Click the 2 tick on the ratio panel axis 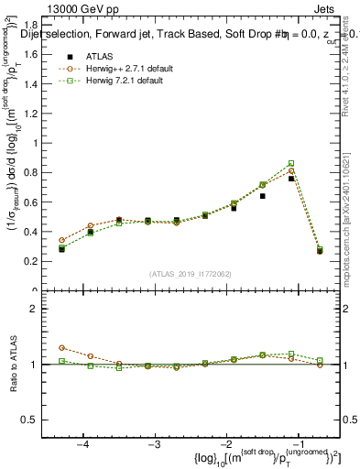coord(42,309)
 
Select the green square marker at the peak coord(291,163)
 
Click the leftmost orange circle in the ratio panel coord(61,348)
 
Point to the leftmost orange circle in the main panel coord(61,240)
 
